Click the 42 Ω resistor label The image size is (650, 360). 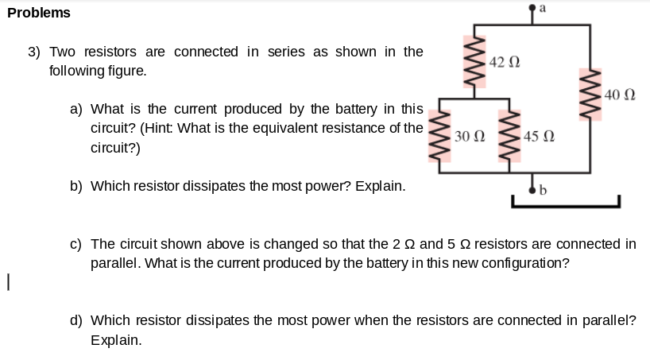pos(505,62)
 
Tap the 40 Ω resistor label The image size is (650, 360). pos(620,95)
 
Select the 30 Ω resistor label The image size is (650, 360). pos(470,136)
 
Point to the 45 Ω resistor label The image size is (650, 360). pos(539,136)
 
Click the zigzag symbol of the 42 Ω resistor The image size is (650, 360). pos(474,62)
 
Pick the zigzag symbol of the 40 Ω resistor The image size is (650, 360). pos(590,95)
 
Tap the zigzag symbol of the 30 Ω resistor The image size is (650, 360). pos(439,136)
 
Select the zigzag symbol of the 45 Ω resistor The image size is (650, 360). pos(509,136)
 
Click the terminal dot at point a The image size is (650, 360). pos(532,7)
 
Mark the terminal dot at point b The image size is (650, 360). pos(532,190)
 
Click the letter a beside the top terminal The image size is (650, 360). pos(543,8)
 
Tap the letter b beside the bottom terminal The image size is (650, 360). pos(543,190)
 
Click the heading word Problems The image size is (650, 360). pos(39,13)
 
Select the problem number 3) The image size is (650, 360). pos(34,52)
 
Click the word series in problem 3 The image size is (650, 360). pos(286,52)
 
